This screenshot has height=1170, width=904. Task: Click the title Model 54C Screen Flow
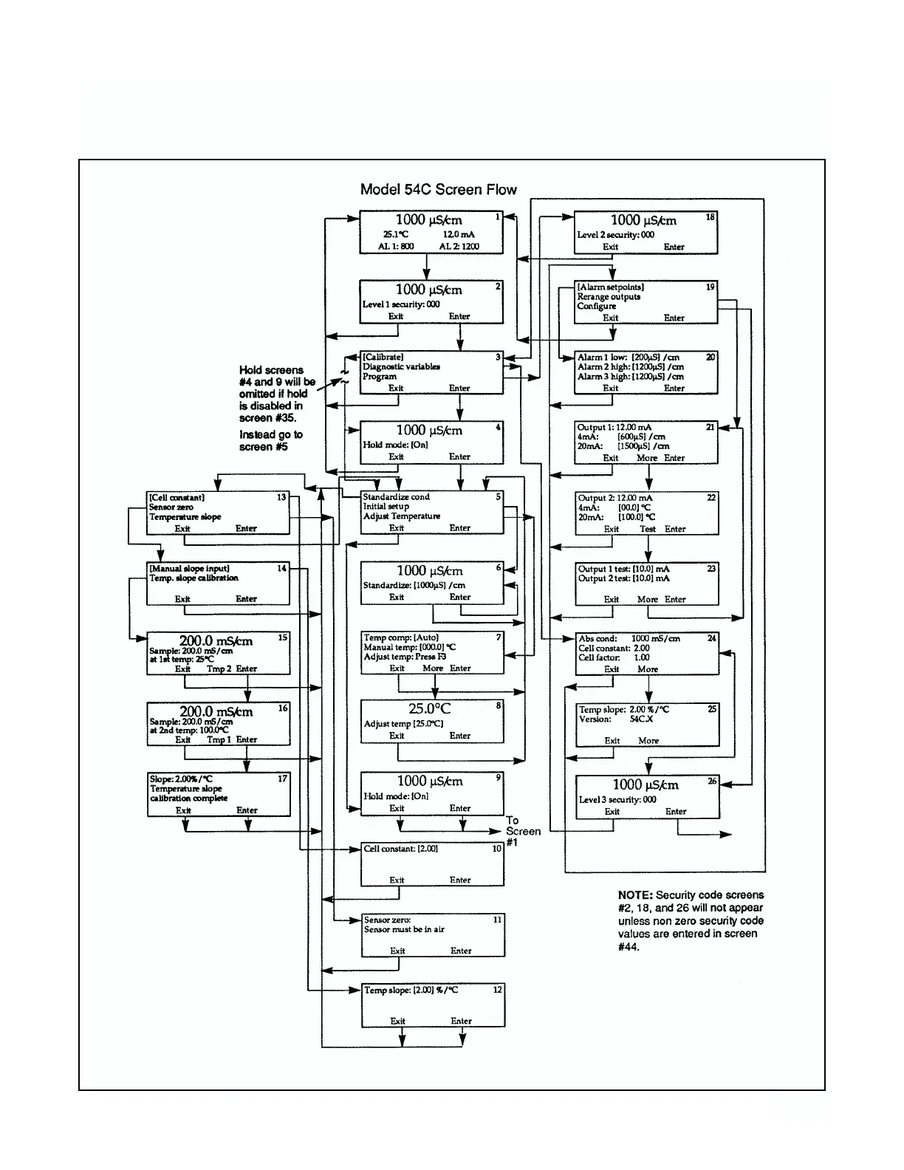click(438, 189)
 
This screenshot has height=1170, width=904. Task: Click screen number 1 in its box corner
click(498, 217)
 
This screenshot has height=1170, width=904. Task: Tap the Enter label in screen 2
click(459, 316)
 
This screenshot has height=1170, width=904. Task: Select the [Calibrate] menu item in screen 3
click(383, 357)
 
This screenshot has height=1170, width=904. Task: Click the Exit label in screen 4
click(396, 456)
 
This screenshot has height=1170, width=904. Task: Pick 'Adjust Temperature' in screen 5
click(401, 516)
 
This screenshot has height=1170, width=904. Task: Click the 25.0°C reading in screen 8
click(429, 708)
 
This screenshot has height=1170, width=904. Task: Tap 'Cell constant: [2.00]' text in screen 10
click(400, 849)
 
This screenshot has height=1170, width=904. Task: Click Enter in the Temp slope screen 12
click(462, 1021)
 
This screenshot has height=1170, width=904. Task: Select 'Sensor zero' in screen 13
click(172, 507)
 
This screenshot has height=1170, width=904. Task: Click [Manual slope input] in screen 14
click(189, 569)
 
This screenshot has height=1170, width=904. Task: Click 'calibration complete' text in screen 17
click(189, 798)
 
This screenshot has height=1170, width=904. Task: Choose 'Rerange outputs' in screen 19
click(609, 297)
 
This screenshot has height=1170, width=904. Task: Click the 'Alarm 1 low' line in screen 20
click(629, 357)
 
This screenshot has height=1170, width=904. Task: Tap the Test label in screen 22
click(648, 529)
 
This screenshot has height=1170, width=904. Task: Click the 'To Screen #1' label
click(522, 831)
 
